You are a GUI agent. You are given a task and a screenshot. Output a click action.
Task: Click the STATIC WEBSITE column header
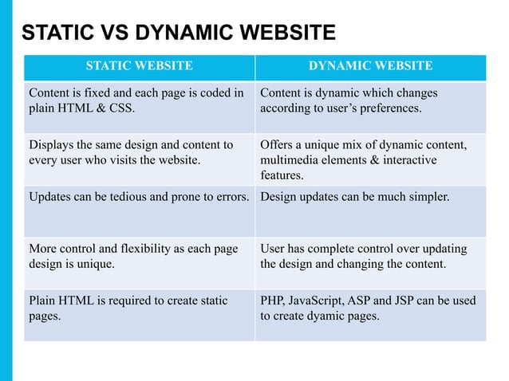[x=139, y=66]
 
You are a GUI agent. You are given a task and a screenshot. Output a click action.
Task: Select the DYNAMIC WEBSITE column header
[x=370, y=66]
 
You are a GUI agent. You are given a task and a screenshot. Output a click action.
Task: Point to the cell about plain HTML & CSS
[x=139, y=101]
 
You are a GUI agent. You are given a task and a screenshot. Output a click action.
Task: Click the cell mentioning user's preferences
[x=370, y=101]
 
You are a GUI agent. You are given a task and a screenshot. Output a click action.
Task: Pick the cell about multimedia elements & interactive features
[x=370, y=160]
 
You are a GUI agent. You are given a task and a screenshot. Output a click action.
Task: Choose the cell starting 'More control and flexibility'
[x=139, y=257]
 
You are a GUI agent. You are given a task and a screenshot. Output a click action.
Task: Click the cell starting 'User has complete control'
[x=370, y=257]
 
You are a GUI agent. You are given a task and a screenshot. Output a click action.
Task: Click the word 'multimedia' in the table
[x=290, y=160]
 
